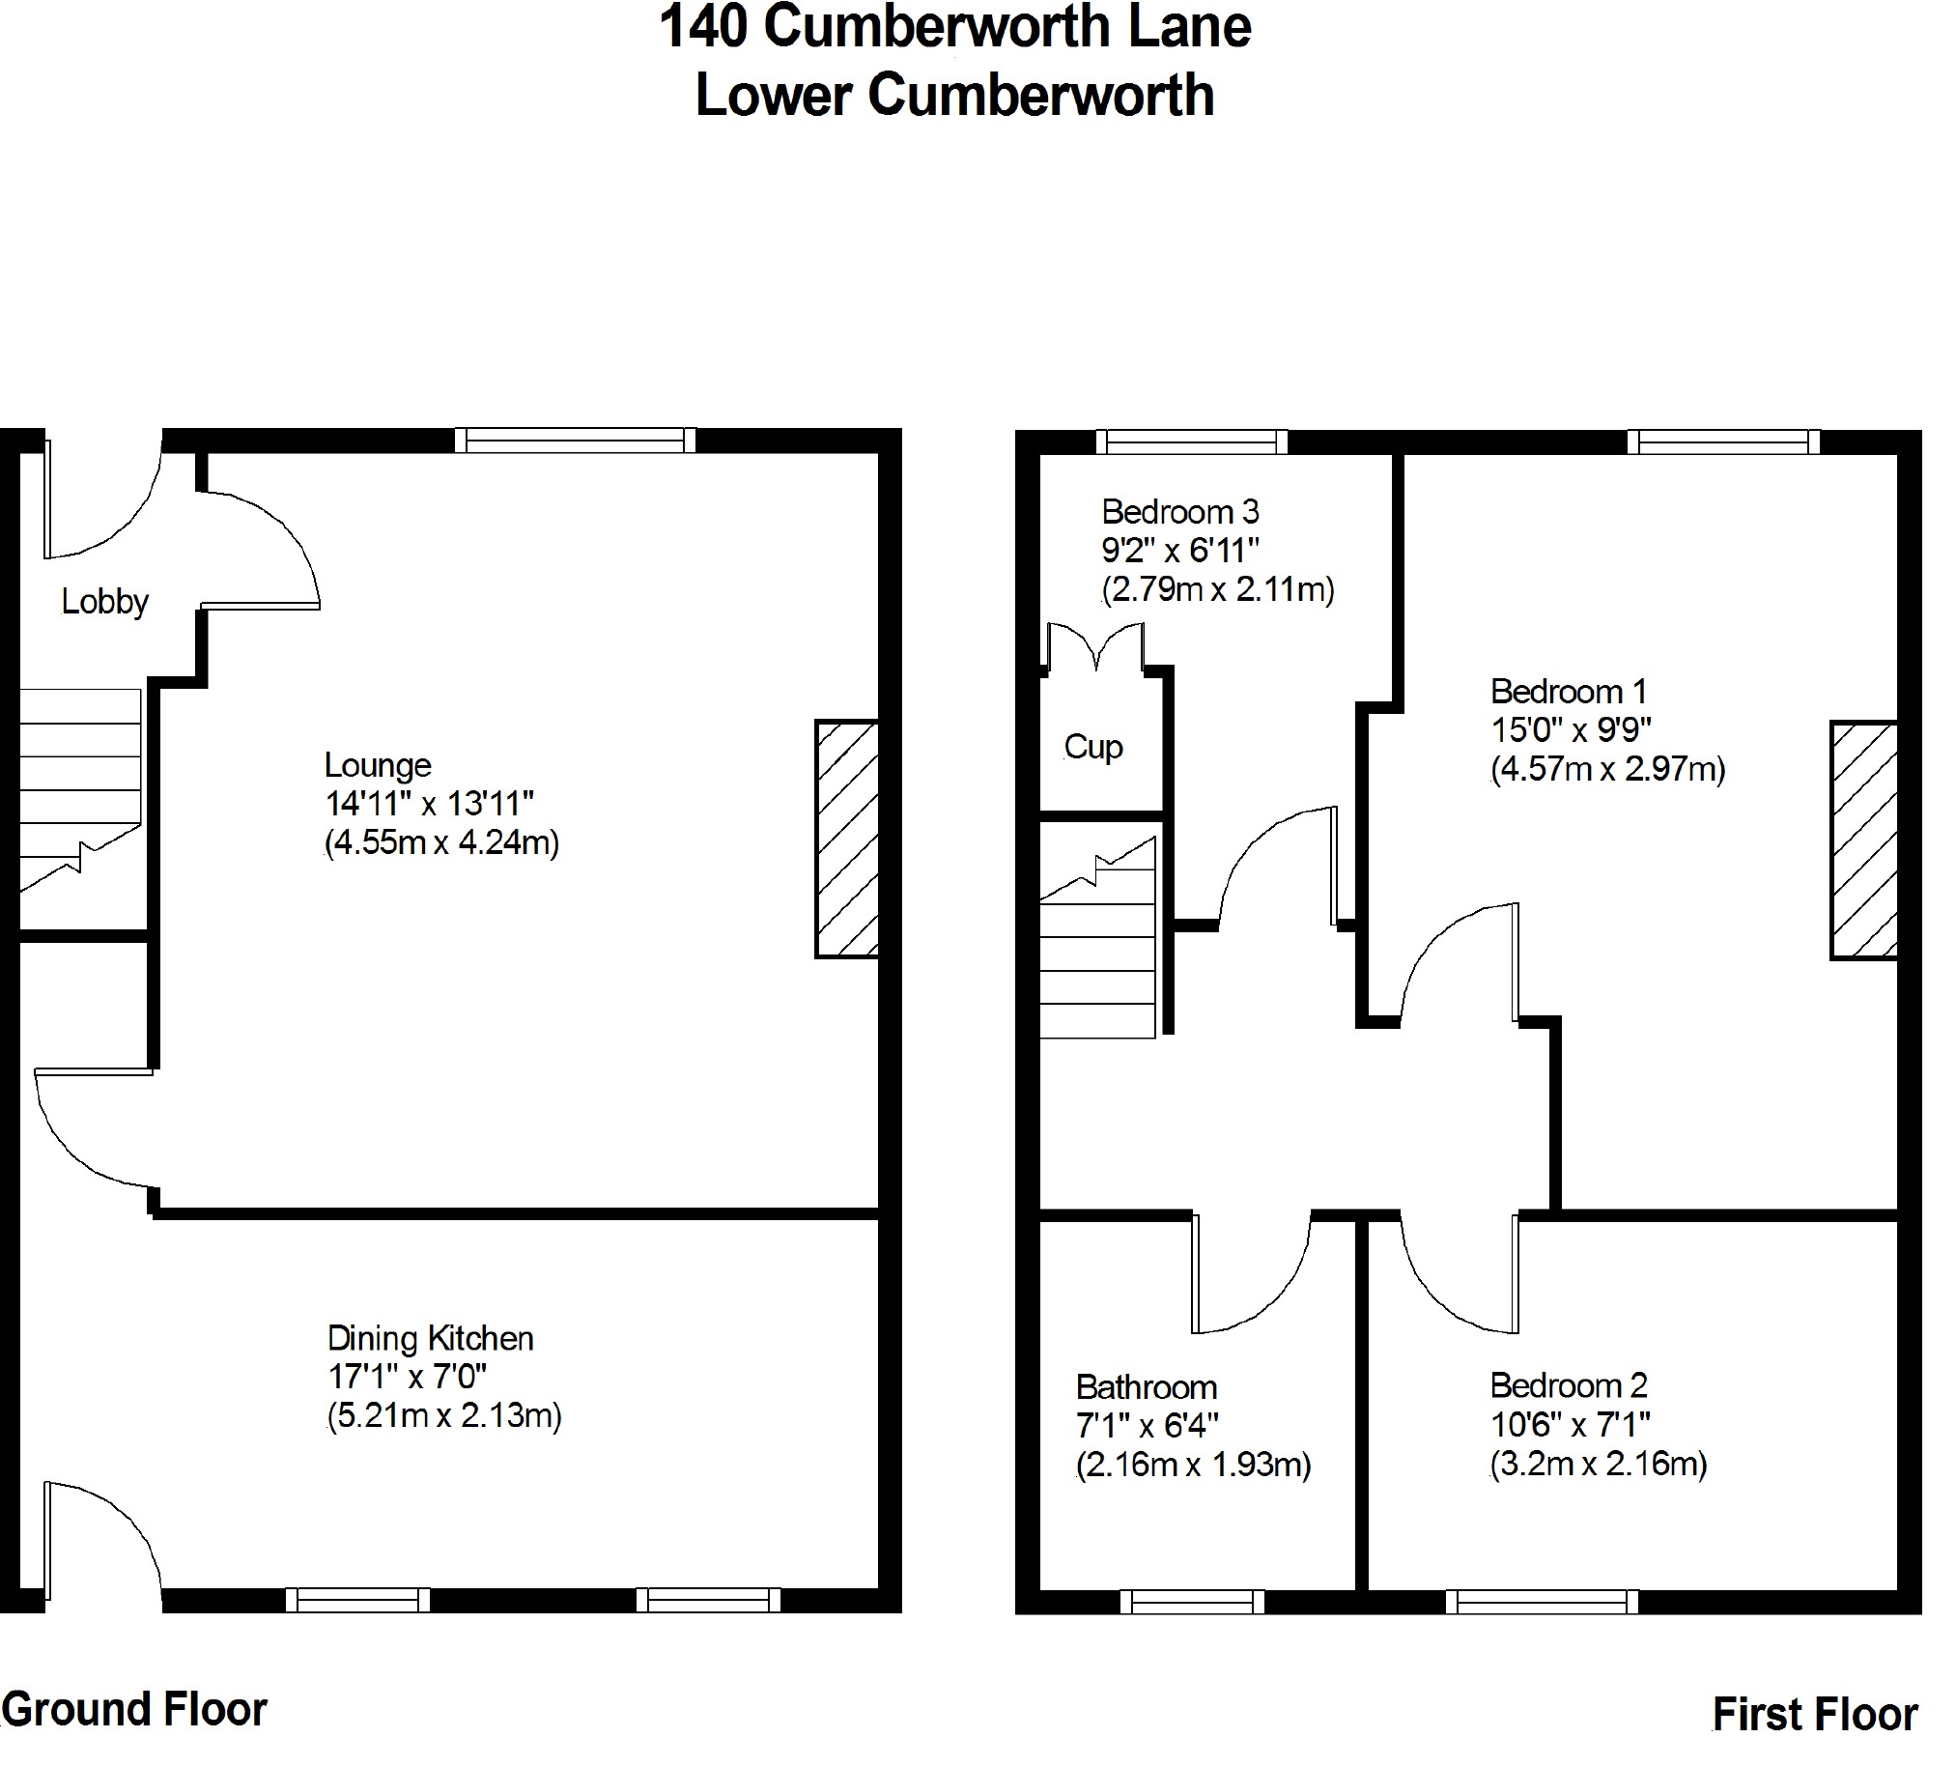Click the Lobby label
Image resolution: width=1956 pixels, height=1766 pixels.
coord(104,603)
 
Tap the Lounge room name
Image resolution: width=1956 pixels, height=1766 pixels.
coord(378,765)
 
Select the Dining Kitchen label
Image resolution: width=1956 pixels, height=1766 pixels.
coord(430,1339)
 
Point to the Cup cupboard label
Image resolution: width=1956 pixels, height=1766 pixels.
coord(1092,747)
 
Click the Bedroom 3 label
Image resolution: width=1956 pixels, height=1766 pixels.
coord(1179,511)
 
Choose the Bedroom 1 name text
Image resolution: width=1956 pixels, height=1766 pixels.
coord(1568,692)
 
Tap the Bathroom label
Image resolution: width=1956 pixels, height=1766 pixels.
coord(1146,1387)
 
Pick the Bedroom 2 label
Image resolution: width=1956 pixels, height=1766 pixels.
coord(1568,1385)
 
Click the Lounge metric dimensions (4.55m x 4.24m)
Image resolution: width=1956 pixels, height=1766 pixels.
coord(441,842)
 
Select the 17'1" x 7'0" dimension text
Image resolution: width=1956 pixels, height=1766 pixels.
coord(407,1377)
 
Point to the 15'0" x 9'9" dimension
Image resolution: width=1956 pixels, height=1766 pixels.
coord(1571,729)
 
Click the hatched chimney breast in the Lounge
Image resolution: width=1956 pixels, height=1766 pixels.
coord(846,840)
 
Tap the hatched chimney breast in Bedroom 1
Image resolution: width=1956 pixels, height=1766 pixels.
coord(1863,840)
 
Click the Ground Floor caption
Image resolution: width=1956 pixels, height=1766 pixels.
coord(134,1709)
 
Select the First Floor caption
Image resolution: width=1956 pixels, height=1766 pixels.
coord(1814,1714)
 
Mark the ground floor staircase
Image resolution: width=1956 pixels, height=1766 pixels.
coord(79,788)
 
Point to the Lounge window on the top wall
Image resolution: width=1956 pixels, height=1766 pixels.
coord(576,441)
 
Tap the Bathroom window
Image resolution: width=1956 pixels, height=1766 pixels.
coord(1191,1601)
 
